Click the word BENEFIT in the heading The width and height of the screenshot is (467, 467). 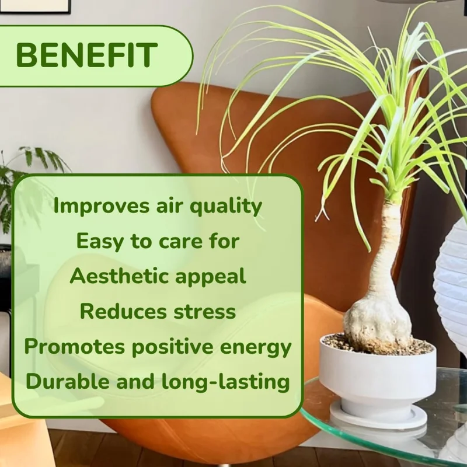click(x=86, y=55)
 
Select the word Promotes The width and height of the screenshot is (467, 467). click(x=74, y=347)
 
